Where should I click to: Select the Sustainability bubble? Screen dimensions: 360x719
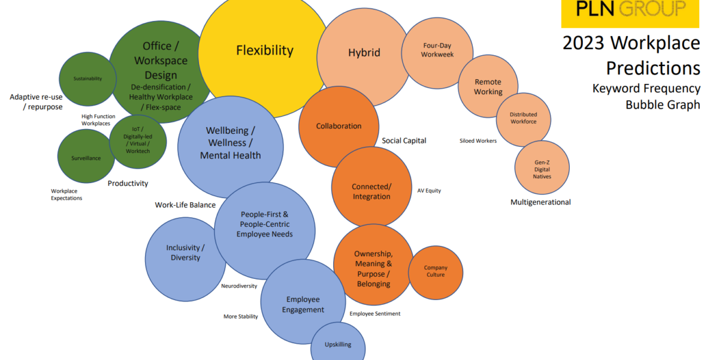pos(87,79)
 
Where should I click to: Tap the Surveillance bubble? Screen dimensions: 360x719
pos(86,158)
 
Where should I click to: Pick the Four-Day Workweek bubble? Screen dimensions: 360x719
pos(437,50)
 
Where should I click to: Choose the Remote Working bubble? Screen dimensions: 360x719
pos(488,86)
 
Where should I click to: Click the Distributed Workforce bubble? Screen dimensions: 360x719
pos(523,118)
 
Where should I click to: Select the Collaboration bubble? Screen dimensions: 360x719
pos(339,126)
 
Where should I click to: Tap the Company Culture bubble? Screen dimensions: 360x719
pos(436,271)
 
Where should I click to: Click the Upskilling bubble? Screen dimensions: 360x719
pos(338,344)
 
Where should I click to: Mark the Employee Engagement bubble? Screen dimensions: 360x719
pos(303,304)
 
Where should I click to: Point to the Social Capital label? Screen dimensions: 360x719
pos(404,141)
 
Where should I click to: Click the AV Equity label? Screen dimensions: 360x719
pos(429,191)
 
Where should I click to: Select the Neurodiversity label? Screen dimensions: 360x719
pos(239,286)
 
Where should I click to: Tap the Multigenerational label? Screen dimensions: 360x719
pos(540,202)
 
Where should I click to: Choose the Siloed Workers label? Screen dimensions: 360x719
pos(478,141)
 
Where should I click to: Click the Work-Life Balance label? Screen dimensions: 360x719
pos(185,205)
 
